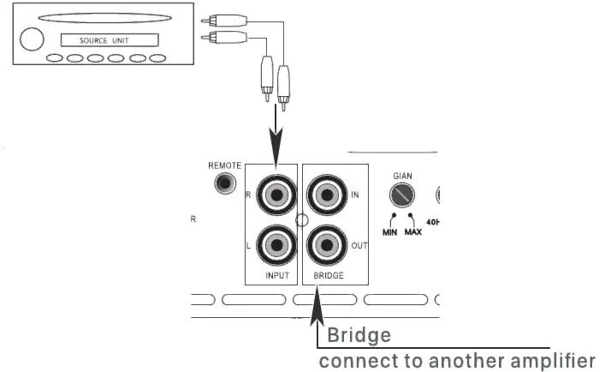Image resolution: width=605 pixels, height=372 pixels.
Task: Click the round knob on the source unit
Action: point(32,39)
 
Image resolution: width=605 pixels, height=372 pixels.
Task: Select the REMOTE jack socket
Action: point(225,183)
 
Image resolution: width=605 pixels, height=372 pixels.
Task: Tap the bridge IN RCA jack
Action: point(326,195)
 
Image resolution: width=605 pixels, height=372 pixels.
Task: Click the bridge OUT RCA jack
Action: point(326,247)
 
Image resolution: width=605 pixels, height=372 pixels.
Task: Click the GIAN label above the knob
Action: point(402,176)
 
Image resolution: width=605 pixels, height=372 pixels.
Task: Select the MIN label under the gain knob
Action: point(389,232)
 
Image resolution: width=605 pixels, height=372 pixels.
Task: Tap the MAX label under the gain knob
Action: point(413,232)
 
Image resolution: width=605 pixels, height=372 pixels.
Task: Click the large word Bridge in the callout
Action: point(359,334)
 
